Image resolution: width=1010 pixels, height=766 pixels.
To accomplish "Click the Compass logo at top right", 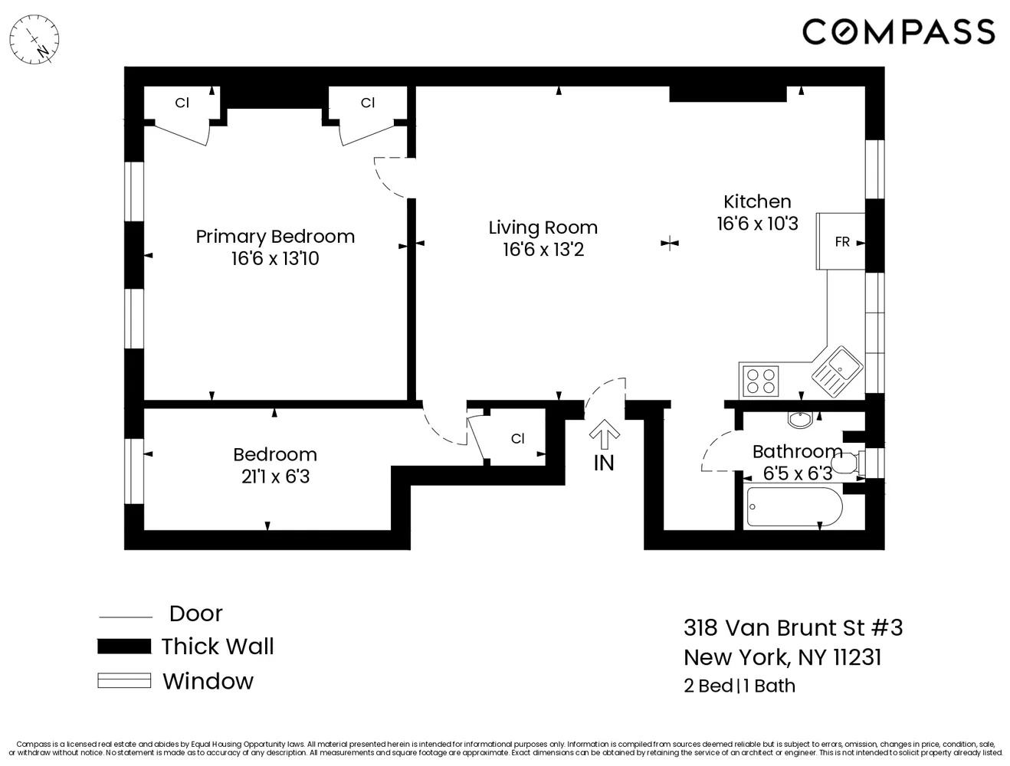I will pyautogui.click(x=898, y=31).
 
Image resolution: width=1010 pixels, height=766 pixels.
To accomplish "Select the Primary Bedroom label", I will pyautogui.click(x=275, y=236).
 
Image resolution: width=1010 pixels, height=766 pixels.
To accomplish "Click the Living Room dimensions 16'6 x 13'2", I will pyautogui.click(x=543, y=250).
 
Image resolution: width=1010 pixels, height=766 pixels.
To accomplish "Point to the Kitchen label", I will pyautogui.click(x=757, y=201).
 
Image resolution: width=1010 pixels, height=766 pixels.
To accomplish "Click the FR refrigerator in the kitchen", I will pyautogui.click(x=841, y=242).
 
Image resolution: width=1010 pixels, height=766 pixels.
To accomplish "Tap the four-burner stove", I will pyautogui.click(x=760, y=381).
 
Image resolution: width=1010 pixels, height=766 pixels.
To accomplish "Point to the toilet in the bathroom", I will pyautogui.click(x=848, y=463).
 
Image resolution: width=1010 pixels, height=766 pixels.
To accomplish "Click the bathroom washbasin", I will pyautogui.click(x=801, y=420).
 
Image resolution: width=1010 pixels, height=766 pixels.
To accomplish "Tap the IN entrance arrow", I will pyautogui.click(x=604, y=437).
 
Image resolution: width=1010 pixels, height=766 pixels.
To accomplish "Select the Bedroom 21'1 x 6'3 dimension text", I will pyautogui.click(x=275, y=476).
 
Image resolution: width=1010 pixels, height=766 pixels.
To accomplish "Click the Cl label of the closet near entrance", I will pyautogui.click(x=517, y=439).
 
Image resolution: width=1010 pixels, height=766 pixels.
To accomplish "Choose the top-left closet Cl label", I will pyautogui.click(x=182, y=103).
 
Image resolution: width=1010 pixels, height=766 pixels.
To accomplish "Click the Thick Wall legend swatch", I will pyautogui.click(x=124, y=647).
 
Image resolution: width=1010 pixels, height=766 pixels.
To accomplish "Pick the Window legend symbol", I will pyautogui.click(x=124, y=680).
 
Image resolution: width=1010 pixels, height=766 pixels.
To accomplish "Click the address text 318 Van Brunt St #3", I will pyautogui.click(x=793, y=628).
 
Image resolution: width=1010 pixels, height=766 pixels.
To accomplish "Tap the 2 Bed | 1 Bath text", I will pyautogui.click(x=739, y=686).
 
